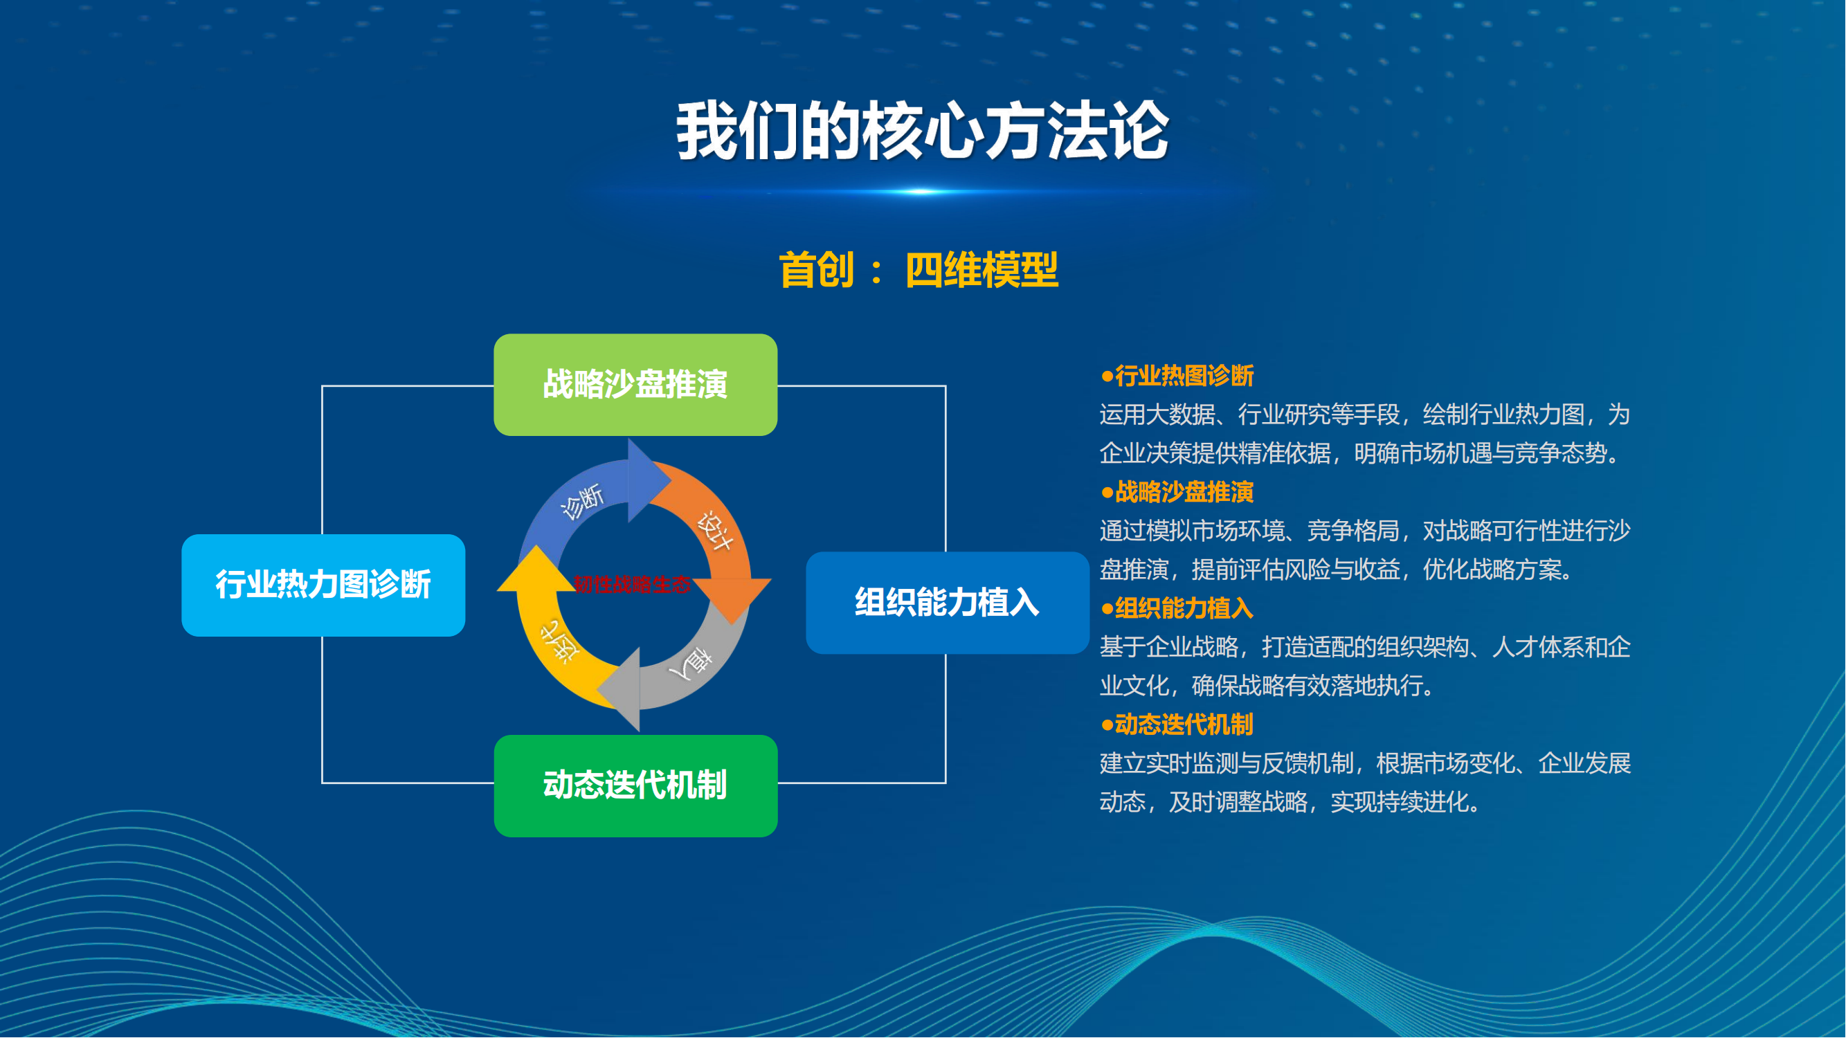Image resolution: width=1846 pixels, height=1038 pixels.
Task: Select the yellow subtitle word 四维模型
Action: (x=981, y=271)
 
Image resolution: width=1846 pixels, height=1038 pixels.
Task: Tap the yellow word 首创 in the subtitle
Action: (x=817, y=271)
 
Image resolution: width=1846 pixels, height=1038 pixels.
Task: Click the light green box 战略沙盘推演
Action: (x=635, y=385)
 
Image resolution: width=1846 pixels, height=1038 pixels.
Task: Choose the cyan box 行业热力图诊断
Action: (x=323, y=585)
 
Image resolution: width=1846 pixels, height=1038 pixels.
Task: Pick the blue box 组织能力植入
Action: (x=948, y=603)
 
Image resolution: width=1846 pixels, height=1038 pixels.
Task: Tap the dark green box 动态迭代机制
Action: (x=635, y=786)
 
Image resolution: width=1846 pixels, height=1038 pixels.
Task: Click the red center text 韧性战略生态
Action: (x=632, y=585)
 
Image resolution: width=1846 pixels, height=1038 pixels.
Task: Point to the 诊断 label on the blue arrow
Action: (x=583, y=501)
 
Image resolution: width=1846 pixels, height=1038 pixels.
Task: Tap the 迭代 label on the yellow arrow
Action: (x=559, y=639)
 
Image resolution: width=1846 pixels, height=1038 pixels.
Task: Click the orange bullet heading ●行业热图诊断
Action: (x=1177, y=375)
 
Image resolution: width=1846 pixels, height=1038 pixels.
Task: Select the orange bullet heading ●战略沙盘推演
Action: (x=1177, y=492)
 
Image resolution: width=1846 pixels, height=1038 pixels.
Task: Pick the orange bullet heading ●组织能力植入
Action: (x=1177, y=608)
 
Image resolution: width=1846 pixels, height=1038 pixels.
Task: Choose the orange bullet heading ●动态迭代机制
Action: (x=1177, y=725)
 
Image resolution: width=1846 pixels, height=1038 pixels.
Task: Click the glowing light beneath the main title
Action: (x=922, y=191)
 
